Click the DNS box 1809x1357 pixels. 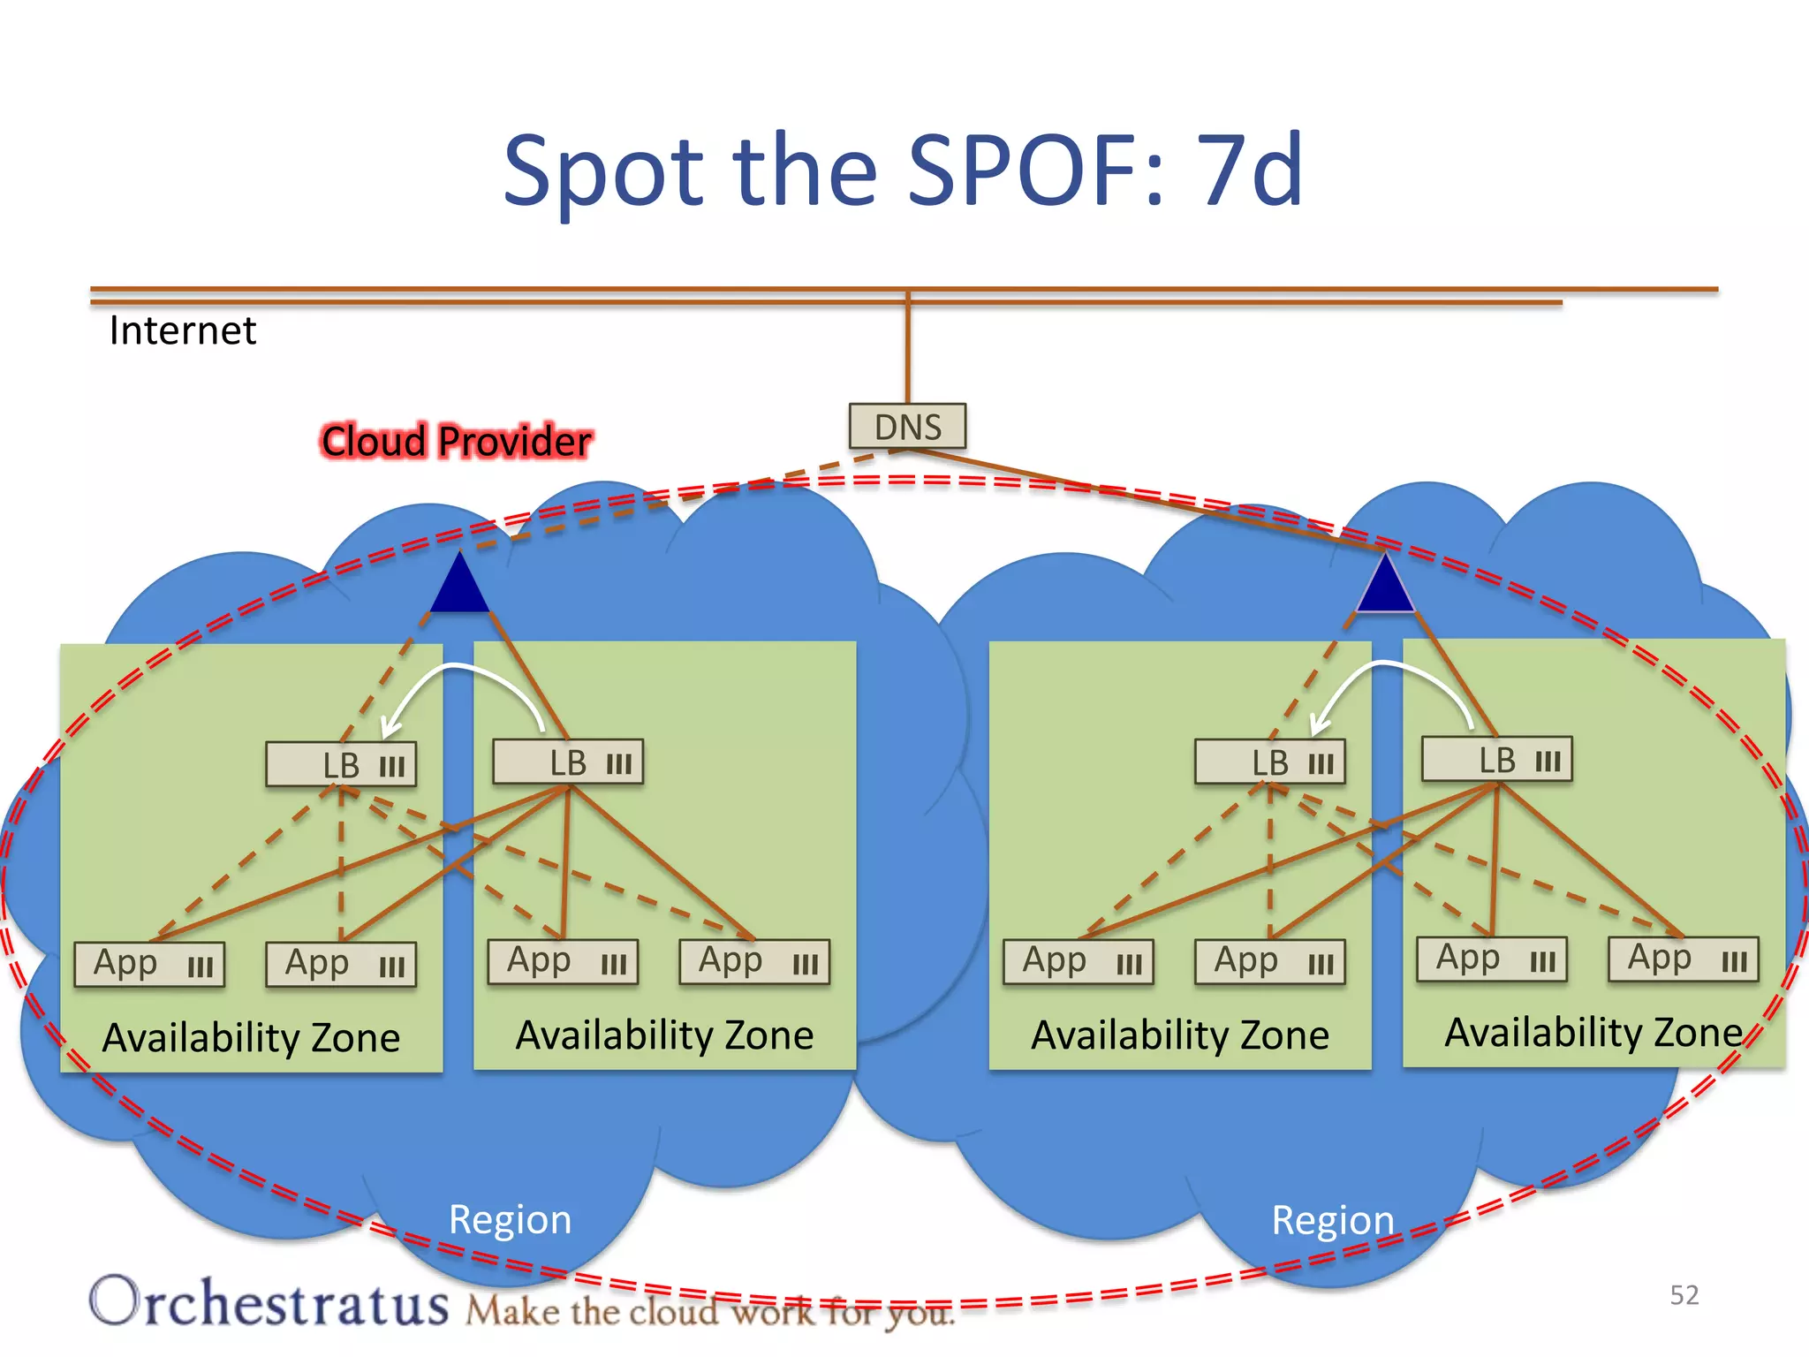(x=907, y=427)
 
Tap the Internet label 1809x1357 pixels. (x=182, y=330)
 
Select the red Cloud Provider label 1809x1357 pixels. (x=456, y=441)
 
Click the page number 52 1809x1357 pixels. (x=1684, y=1295)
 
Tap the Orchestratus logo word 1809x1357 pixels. (x=269, y=1302)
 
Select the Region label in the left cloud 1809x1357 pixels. (x=510, y=1219)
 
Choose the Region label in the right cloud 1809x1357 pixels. (x=1333, y=1220)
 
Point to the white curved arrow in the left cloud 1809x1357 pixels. (x=459, y=680)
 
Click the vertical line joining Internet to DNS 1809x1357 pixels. (x=907, y=349)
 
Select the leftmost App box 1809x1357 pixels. (x=149, y=964)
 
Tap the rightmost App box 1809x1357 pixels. (x=1684, y=959)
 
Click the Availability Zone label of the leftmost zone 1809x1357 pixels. (x=251, y=1037)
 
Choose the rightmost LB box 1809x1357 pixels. (x=1497, y=760)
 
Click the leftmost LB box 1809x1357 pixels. (x=341, y=765)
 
